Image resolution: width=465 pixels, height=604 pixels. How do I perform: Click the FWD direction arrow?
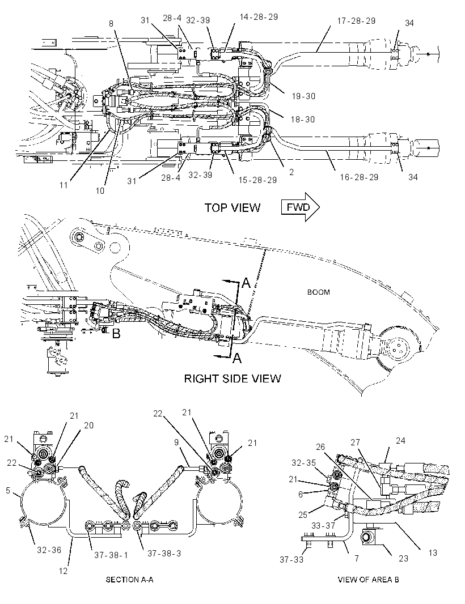click(x=301, y=207)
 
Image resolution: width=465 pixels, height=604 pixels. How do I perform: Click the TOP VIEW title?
click(x=232, y=208)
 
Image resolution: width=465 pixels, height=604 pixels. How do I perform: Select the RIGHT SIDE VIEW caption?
click(x=232, y=378)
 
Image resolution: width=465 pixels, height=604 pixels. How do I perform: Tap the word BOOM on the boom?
click(x=319, y=292)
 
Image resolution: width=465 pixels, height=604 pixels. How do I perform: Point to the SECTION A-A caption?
click(x=129, y=579)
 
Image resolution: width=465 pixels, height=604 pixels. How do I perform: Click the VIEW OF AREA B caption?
click(x=368, y=579)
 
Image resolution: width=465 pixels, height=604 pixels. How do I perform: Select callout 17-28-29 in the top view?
click(x=356, y=21)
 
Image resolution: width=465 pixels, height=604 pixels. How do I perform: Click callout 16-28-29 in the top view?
click(x=359, y=177)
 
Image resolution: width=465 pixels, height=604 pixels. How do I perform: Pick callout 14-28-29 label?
click(x=259, y=17)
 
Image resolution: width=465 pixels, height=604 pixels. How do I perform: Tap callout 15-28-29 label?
click(x=257, y=180)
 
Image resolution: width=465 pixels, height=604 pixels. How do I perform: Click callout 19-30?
click(x=303, y=96)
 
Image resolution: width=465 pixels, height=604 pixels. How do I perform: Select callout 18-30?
click(x=303, y=120)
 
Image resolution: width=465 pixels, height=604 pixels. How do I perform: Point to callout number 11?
click(x=64, y=185)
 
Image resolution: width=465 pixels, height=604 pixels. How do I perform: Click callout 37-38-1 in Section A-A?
click(x=111, y=555)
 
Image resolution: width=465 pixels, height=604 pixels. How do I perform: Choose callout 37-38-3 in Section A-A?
click(x=164, y=554)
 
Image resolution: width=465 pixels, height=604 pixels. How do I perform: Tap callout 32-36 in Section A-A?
click(x=49, y=550)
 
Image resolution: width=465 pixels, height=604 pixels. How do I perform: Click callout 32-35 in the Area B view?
click(x=303, y=462)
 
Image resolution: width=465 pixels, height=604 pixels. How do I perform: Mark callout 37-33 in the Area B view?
click(x=291, y=559)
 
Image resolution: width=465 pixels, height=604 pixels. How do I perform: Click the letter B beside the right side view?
click(x=116, y=334)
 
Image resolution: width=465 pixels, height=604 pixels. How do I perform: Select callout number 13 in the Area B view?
click(x=433, y=553)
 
